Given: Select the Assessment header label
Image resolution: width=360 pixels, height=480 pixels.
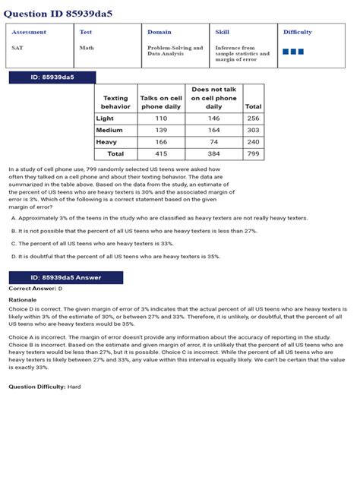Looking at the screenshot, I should pos(29,33).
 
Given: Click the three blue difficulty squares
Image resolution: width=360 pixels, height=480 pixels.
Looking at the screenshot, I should pos(293,52).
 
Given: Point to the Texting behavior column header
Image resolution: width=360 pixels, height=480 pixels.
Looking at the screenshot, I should pos(115,103).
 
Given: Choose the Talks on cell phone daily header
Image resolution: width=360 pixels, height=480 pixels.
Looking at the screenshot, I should pos(161,103).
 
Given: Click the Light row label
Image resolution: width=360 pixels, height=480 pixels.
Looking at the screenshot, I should pos(105,118).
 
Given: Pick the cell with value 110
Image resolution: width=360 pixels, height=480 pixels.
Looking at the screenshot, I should pos(161,118).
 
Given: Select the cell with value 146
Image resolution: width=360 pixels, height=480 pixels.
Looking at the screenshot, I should pos(213,118).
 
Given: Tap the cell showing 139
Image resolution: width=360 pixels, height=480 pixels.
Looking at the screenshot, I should pos(161,131).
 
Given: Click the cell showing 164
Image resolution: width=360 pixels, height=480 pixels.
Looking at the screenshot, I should pos(213,131).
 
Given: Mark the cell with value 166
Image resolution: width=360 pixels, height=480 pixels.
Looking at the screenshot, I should pos(161,142).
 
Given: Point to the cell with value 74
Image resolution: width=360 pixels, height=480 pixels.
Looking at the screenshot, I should pos(213,142).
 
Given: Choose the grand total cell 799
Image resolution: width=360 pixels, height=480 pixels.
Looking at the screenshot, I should pos(253,153).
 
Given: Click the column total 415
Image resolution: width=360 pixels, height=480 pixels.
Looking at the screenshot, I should pos(161,153).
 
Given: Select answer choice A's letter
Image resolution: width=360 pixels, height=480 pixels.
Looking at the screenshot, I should pos(14,218).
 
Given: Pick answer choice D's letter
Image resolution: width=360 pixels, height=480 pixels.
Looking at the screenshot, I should pos(14,257).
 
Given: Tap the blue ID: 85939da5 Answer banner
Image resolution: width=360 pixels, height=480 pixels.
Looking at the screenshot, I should pos(65,278).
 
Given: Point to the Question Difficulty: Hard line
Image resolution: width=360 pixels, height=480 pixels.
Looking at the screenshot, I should pos(44,387).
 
